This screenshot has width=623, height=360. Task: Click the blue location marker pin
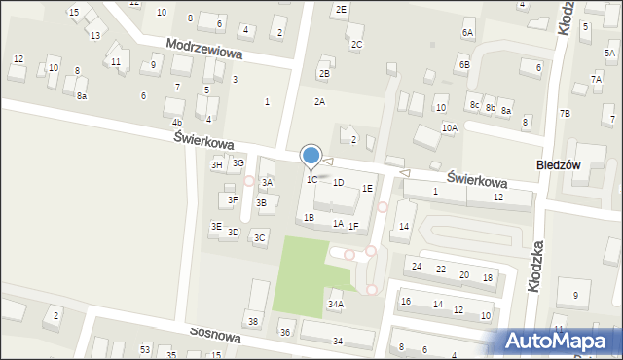point(311,156)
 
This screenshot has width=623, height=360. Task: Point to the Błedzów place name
point(559,165)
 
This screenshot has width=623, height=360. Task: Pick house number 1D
point(338,182)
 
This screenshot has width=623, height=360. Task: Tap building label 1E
point(367,188)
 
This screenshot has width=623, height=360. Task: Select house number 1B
point(309,217)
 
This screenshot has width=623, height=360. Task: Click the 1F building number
point(353,226)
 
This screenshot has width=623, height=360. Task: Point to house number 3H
point(217,165)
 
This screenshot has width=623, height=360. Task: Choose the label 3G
point(238,162)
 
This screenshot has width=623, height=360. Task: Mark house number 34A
point(335,304)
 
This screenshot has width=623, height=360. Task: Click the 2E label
point(340,9)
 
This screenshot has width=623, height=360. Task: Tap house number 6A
point(467,33)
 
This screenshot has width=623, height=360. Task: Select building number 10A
point(449,127)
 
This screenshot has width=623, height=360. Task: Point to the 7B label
point(565,113)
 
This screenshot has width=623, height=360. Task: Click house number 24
point(417,267)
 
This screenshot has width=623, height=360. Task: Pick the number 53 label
point(145,348)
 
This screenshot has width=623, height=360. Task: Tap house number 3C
point(259,237)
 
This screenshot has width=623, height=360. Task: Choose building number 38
point(253,321)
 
